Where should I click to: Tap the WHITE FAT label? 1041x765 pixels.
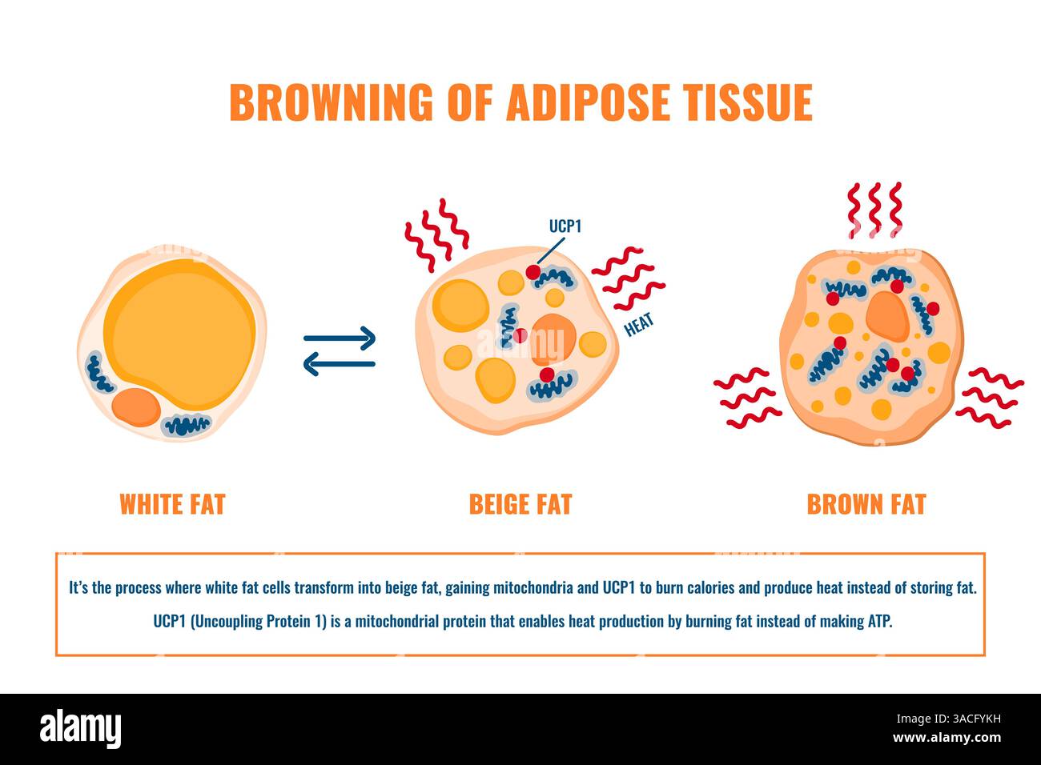pos(172,504)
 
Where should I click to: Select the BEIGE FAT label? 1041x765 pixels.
pos(520,504)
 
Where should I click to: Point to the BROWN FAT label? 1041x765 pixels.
pos(866,504)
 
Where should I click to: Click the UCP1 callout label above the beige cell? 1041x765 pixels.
pos(565,226)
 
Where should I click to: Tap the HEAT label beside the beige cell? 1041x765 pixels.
pos(639,325)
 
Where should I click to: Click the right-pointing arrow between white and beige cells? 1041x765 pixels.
pos(340,338)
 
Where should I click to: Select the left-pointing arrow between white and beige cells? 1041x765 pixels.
pos(340,364)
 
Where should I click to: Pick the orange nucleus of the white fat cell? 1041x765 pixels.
pos(136,407)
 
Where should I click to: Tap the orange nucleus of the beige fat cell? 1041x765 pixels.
pos(553,336)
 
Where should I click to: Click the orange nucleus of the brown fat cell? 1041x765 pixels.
pos(886,314)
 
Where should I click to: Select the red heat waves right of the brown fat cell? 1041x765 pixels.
pos(990,396)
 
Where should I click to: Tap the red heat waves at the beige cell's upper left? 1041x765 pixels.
pos(435,234)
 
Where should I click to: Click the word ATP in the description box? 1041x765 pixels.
pos(878,622)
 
